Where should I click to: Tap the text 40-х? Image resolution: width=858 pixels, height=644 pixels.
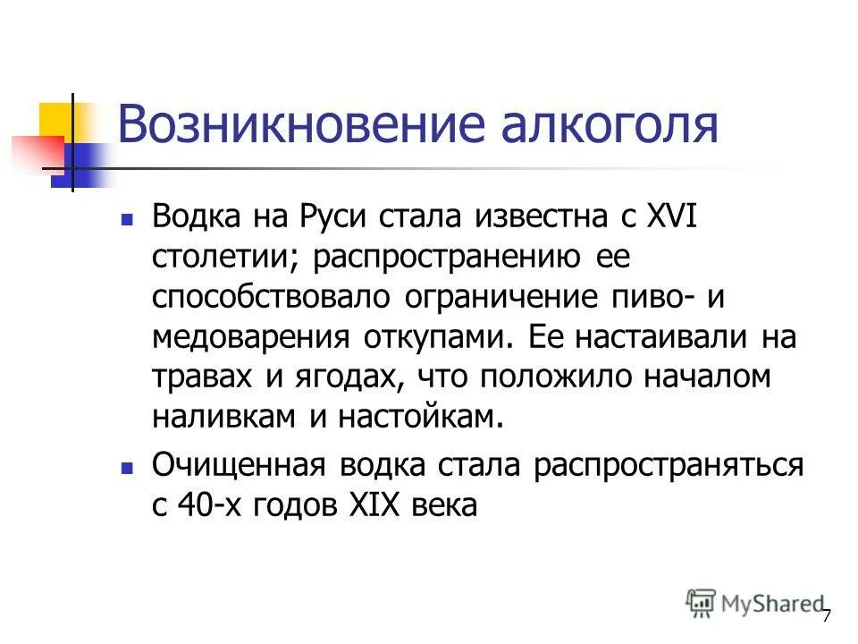206,505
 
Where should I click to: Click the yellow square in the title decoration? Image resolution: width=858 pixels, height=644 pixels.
55,119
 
